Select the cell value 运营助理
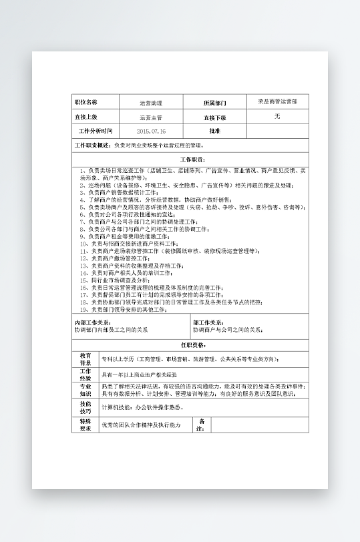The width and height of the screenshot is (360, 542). [x=150, y=103]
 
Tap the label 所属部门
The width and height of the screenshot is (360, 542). [x=214, y=103]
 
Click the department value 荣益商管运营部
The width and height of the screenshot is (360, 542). [x=277, y=101]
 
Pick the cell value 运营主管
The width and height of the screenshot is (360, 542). [x=150, y=117]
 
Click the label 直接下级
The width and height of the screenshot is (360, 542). [x=214, y=117]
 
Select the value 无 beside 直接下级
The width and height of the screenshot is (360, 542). [x=277, y=117]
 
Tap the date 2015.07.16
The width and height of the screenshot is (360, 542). [x=150, y=131]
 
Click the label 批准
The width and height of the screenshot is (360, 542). [x=214, y=131]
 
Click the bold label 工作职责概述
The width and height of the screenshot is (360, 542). [x=93, y=145]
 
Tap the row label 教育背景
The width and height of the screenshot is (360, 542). [x=85, y=358]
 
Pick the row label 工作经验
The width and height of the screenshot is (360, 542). [x=85, y=374]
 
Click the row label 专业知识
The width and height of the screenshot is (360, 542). [x=85, y=390]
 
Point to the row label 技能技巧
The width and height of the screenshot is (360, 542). [x=85, y=407]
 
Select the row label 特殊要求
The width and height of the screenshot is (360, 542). [x=85, y=425]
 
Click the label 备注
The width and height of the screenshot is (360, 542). [x=202, y=425]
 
